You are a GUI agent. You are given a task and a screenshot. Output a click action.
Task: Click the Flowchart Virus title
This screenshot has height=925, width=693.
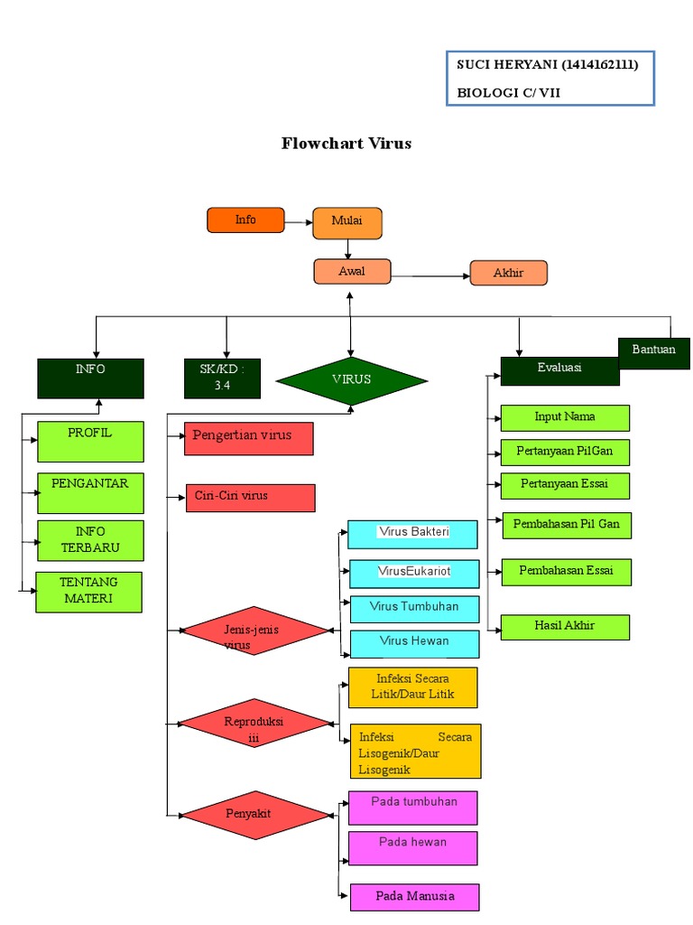pyautogui.click(x=346, y=143)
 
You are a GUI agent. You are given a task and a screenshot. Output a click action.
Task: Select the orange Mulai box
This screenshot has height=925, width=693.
pyautogui.click(x=347, y=223)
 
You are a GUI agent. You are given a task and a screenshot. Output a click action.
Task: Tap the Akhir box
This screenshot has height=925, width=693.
pyautogui.click(x=509, y=274)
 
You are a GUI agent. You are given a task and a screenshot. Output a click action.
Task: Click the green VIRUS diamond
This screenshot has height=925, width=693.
pyautogui.click(x=351, y=379)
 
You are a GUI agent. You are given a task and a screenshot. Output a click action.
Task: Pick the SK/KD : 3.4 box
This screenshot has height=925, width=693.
pyautogui.click(x=223, y=378)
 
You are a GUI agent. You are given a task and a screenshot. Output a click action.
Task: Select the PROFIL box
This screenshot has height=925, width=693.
pyautogui.click(x=90, y=441)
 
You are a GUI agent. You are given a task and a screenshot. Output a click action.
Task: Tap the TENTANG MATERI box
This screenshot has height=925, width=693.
pyautogui.click(x=88, y=592)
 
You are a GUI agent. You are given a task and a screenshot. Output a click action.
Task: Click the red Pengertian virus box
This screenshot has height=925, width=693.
pyautogui.click(x=249, y=438)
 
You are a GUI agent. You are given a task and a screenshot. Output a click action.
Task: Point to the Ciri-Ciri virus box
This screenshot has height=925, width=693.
pyautogui.click(x=250, y=498)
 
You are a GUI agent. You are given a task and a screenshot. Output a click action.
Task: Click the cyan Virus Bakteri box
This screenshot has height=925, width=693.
pyautogui.click(x=413, y=535)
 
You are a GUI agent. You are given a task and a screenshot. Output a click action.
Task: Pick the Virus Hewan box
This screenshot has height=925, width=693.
pyautogui.click(x=413, y=643)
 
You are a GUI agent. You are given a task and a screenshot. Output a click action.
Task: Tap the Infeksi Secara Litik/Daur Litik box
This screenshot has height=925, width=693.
pyautogui.click(x=413, y=687)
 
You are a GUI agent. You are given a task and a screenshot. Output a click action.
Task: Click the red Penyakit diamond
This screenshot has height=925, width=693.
pyautogui.click(x=256, y=815)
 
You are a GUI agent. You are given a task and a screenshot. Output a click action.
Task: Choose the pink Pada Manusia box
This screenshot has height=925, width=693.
pyautogui.click(x=414, y=897)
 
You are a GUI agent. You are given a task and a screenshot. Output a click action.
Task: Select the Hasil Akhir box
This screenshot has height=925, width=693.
pyautogui.click(x=565, y=627)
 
